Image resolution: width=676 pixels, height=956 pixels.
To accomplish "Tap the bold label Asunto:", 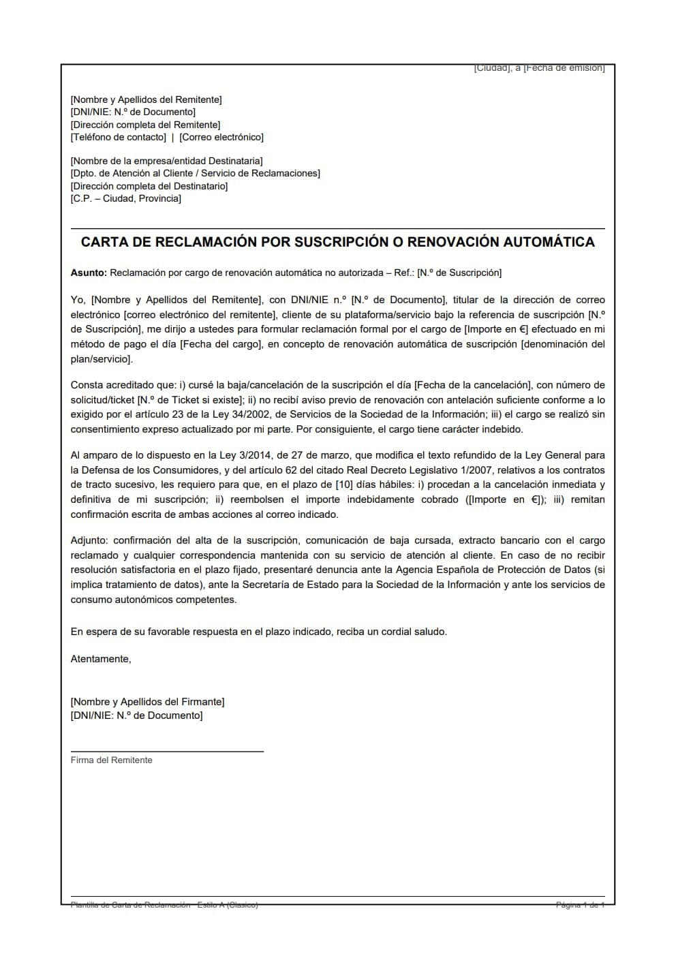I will (89, 273).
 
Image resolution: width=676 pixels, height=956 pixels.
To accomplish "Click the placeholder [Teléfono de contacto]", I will (118, 137).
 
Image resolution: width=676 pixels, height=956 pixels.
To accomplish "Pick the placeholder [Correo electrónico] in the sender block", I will (221, 137).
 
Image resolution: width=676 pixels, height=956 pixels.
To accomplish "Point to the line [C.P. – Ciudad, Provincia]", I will (126, 198).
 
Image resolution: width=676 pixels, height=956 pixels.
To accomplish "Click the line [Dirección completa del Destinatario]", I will (149, 186).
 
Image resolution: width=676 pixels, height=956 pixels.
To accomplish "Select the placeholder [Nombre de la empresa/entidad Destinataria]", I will (166, 161).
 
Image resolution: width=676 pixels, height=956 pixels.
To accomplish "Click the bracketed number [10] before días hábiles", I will (344, 484).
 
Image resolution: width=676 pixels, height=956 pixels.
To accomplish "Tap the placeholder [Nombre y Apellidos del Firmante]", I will (147, 702).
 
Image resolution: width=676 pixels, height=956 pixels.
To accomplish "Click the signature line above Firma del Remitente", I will (167, 751).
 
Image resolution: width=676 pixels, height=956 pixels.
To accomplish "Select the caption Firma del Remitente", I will (112, 760).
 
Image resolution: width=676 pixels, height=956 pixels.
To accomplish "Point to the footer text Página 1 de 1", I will (580, 905).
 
